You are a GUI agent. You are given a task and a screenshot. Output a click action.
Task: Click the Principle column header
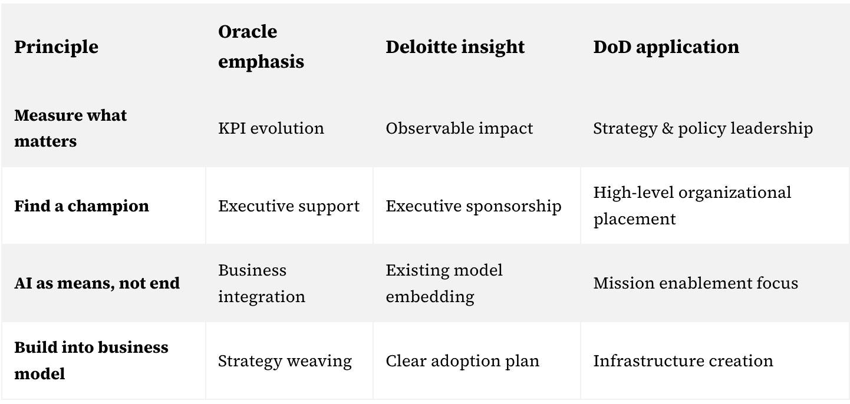point(56,47)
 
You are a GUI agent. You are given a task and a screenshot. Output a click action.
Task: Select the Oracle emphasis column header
point(261,47)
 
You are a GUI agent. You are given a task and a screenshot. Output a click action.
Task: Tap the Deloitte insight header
point(455,47)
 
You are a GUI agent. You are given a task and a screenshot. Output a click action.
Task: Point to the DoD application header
point(666,47)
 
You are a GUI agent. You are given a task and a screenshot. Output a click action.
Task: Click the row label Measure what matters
point(71,128)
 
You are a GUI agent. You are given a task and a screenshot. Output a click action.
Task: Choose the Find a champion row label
point(81,206)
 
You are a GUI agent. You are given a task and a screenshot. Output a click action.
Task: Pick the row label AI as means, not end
point(97,283)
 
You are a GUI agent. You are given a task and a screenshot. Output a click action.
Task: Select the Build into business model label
point(91,360)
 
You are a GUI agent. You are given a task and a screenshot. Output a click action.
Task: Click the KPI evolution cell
point(271,128)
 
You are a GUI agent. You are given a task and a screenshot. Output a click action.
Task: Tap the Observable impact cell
point(459,128)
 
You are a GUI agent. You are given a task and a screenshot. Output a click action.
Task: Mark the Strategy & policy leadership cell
point(703,128)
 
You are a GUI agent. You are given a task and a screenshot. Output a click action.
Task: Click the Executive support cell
point(288,206)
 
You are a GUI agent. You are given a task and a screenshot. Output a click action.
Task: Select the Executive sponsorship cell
point(473,206)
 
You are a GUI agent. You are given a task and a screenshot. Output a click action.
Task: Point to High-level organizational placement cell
point(692,206)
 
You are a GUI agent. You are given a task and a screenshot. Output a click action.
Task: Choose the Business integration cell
point(262,283)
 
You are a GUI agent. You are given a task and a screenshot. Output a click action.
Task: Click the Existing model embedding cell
point(444,283)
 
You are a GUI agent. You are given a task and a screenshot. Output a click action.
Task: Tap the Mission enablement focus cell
point(696,283)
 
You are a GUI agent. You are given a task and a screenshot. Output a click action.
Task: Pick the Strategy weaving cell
point(285,361)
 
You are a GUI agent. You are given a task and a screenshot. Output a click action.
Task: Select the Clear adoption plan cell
point(462,361)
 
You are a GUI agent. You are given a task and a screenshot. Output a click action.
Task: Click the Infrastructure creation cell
point(683,361)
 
